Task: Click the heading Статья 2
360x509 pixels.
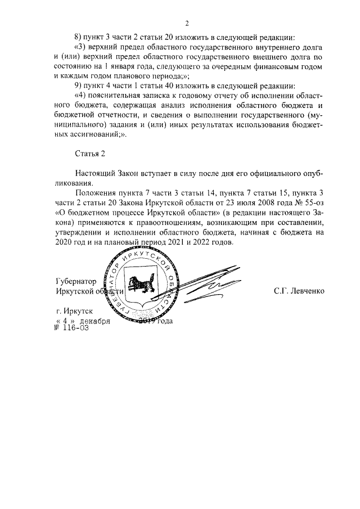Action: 90,152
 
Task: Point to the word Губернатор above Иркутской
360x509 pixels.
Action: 76,281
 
